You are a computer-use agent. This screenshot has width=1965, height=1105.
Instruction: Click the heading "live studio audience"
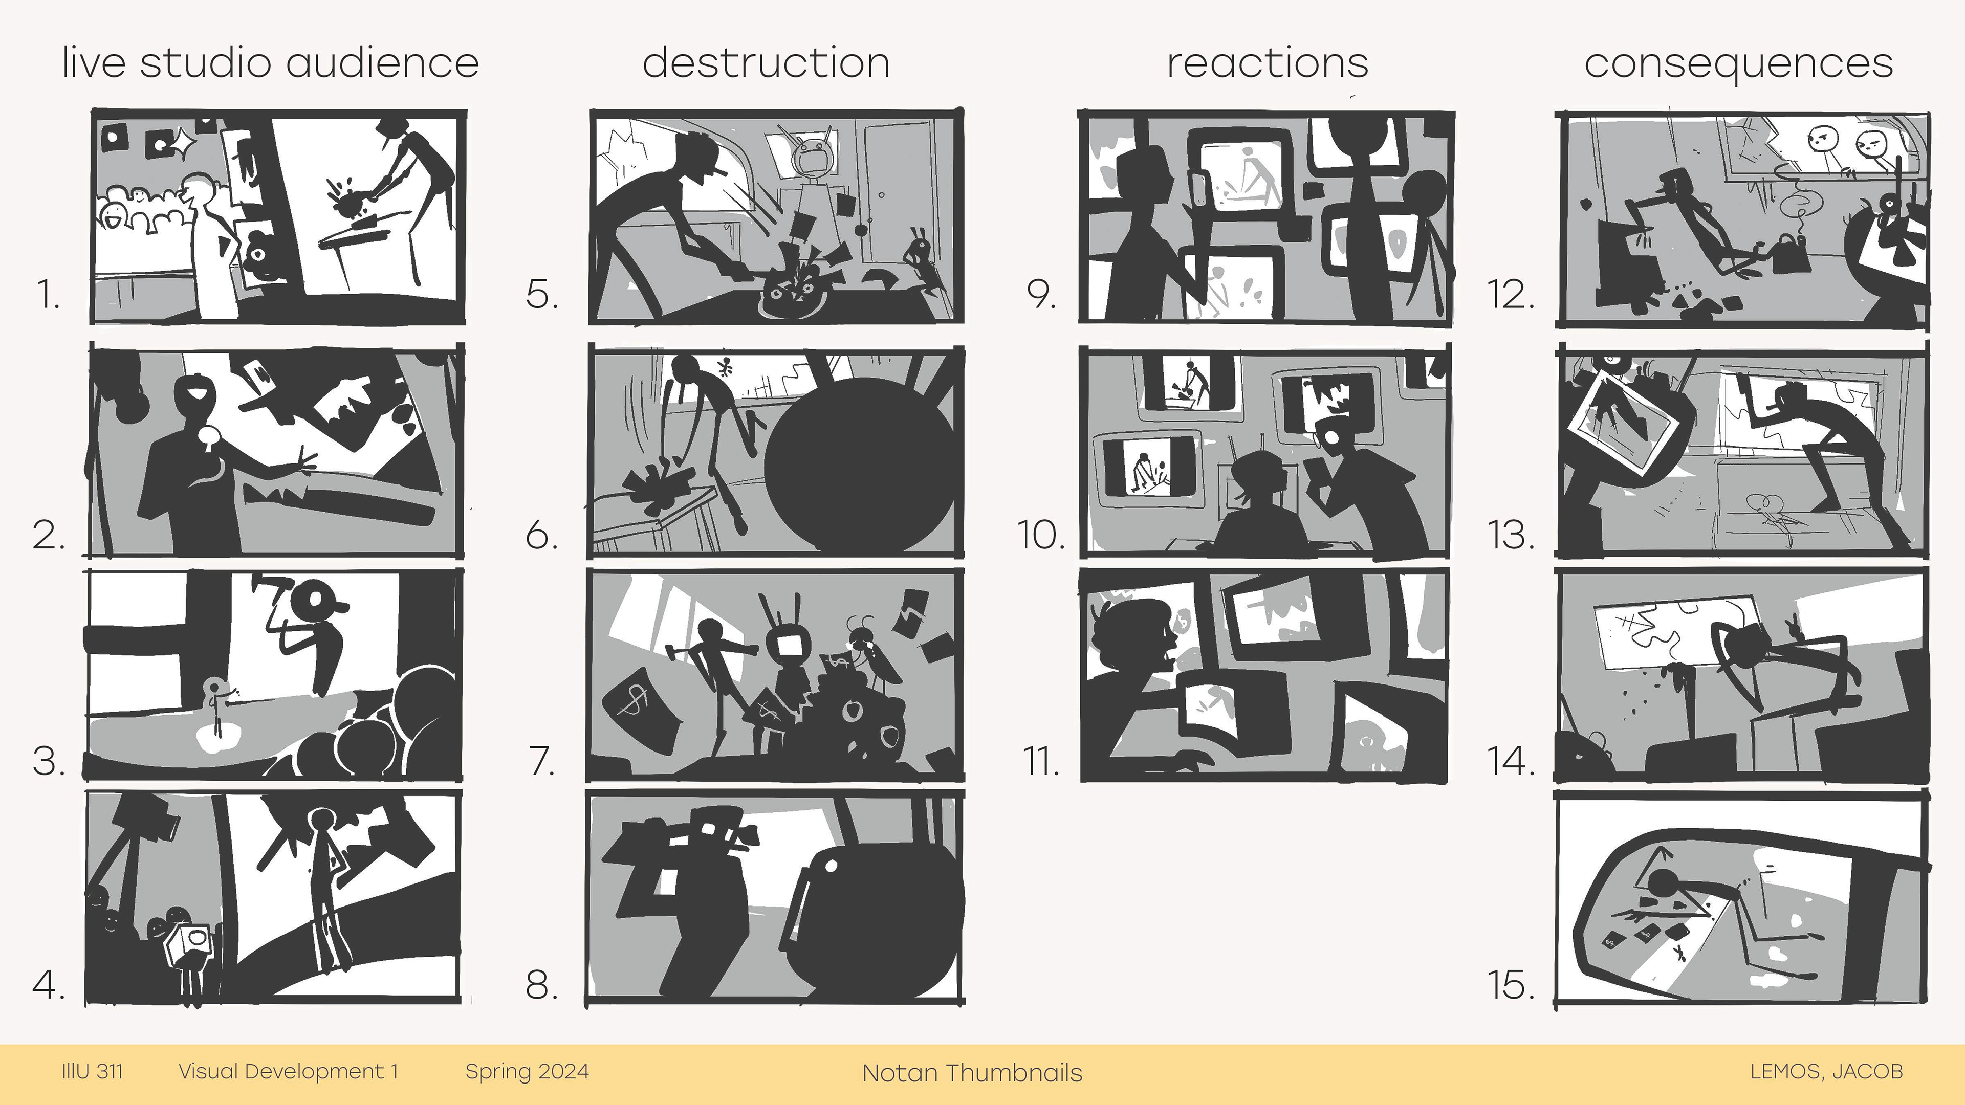coord(271,62)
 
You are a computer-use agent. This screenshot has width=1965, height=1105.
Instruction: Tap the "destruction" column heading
coord(766,62)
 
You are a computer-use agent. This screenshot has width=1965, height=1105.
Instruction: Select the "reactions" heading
coord(1267,62)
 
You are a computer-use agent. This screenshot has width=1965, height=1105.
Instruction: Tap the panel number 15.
coord(1511,984)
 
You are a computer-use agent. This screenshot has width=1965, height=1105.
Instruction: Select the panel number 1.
coord(48,294)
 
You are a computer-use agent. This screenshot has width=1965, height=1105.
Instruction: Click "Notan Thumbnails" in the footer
coord(972,1073)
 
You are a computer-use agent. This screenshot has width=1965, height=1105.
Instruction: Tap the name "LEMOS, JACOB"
coord(1826,1071)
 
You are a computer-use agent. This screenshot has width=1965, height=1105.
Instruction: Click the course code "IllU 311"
coord(92,1071)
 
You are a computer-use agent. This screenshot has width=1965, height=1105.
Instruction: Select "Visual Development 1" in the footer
coord(288,1071)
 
